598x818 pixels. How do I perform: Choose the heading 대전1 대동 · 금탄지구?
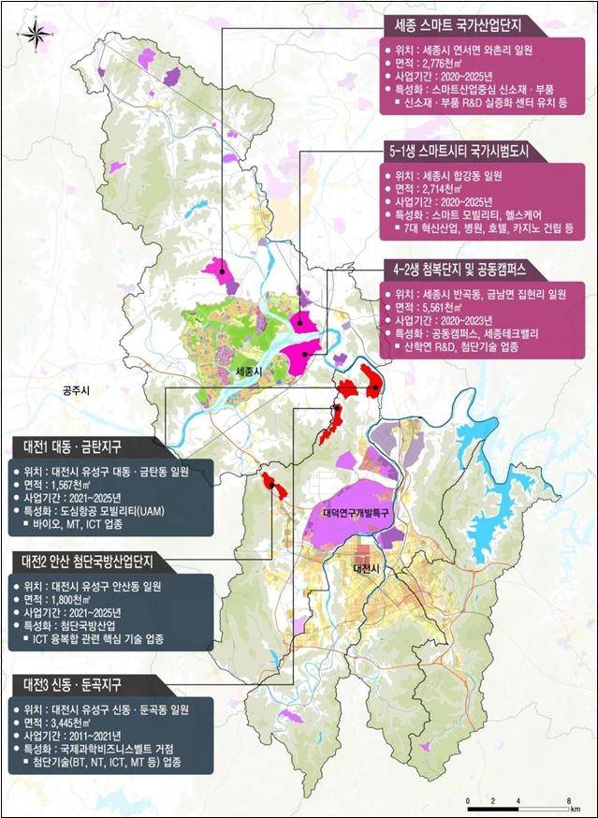point(80,444)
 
